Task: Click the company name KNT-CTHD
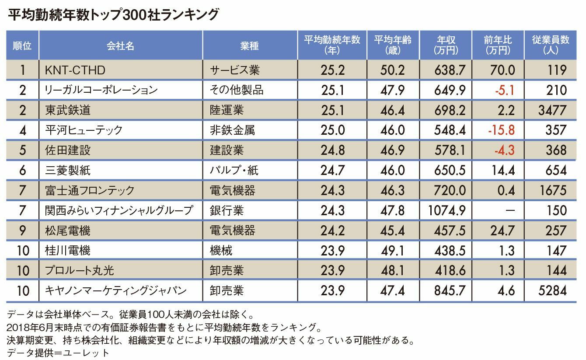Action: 75,70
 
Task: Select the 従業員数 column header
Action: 551,45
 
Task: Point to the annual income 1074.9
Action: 446,210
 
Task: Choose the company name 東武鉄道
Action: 68,110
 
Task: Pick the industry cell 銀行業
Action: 227,210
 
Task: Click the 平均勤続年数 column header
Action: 332,45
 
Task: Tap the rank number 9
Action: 23,231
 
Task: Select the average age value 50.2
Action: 392,70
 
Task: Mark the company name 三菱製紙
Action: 68,170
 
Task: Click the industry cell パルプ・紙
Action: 234,170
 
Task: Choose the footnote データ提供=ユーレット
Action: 58,352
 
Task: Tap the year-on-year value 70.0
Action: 502,70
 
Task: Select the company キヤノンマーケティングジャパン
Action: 116,290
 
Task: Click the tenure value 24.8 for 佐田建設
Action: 332,150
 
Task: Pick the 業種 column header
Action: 250,45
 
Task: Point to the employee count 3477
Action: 552,110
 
